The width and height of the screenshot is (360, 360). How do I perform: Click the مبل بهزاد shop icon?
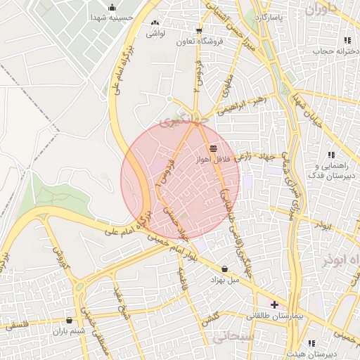[x=224, y=269]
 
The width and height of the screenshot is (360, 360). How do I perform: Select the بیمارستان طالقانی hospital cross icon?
[x=274, y=304]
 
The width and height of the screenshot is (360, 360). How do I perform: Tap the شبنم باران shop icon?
[x=68, y=321]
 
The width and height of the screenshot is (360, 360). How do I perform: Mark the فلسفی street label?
[x=16, y=326]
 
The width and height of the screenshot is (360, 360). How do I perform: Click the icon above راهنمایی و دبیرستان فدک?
[x=330, y=155]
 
